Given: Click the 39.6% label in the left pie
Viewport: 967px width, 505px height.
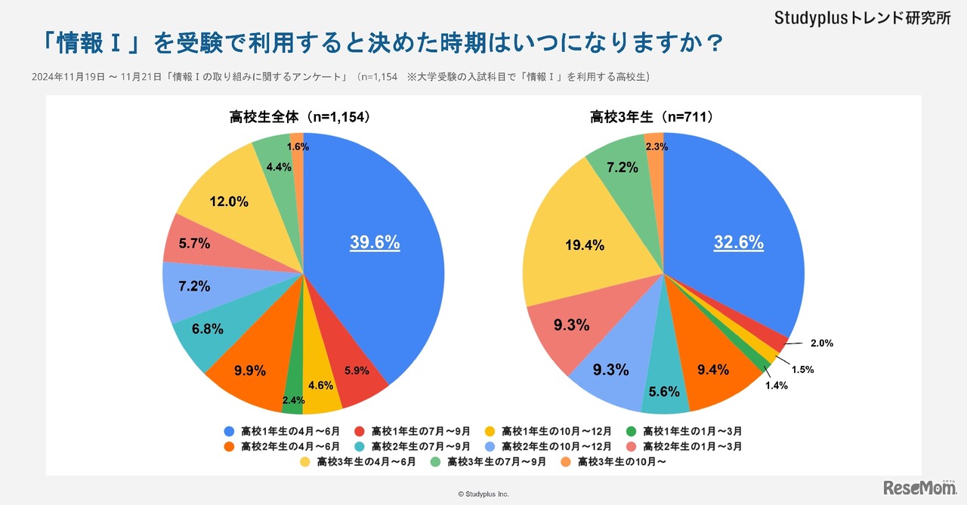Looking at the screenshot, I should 375,243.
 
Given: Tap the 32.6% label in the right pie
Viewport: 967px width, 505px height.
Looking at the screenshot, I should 738,243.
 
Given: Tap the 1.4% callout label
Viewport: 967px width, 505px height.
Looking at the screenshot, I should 776,386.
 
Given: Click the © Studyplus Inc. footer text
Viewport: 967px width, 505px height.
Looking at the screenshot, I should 483,494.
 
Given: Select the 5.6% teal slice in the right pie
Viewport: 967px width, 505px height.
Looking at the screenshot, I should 665,385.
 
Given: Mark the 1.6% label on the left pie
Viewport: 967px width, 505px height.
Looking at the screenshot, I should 298,147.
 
